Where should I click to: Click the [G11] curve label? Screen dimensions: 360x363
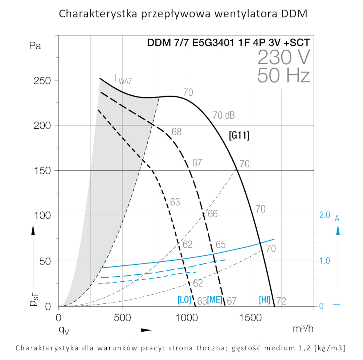[x=239, y=136]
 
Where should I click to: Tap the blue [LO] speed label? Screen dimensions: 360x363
[x=184, y=300]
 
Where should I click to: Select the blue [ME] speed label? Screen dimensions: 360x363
[x=215, y=300]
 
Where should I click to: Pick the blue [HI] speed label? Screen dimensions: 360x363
[x=264, y=300]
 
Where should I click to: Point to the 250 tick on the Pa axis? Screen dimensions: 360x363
[x=42, y=80]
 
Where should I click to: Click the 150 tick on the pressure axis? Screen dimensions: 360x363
[x=42, y=171]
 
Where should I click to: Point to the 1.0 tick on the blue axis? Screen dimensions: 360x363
[x=325, y=261]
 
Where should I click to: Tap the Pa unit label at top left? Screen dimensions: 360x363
[x=35, y=46]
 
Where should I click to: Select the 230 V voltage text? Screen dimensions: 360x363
[x=284, y=57]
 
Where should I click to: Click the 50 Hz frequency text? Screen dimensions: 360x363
[x=284, y=75]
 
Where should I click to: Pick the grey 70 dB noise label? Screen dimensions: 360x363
[x=224, y=116]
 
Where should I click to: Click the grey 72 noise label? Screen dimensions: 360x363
[x=281, y=301]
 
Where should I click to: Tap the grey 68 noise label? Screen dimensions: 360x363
[x=176, y=132]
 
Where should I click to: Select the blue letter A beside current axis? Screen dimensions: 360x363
[x=337, y=218]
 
